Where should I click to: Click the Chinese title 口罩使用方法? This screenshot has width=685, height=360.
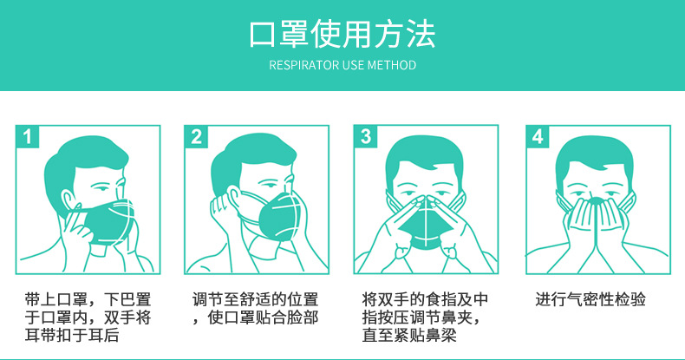pos(342,33)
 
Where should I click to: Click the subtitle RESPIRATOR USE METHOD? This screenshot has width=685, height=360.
pos(342,66)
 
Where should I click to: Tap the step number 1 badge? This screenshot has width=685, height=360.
pos(27,137)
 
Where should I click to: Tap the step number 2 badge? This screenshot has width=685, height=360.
pos(196,137)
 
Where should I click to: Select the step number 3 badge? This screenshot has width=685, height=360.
pos(366,137)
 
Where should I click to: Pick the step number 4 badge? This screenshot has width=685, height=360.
pos(538,137)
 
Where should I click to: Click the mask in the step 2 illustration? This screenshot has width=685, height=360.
pos(280,217)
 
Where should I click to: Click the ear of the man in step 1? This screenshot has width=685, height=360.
pos(67,200)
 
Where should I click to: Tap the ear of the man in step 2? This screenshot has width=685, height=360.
pos(233,199)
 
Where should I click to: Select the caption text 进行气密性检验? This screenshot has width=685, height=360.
pos(590,299)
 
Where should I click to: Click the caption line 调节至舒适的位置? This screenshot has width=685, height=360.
pos(255,299)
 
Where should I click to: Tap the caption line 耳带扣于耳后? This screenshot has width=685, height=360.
pos(72,335)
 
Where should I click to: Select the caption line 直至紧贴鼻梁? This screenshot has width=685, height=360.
pos(409,335)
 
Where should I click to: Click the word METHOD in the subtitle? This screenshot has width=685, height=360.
pos(391,66)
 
